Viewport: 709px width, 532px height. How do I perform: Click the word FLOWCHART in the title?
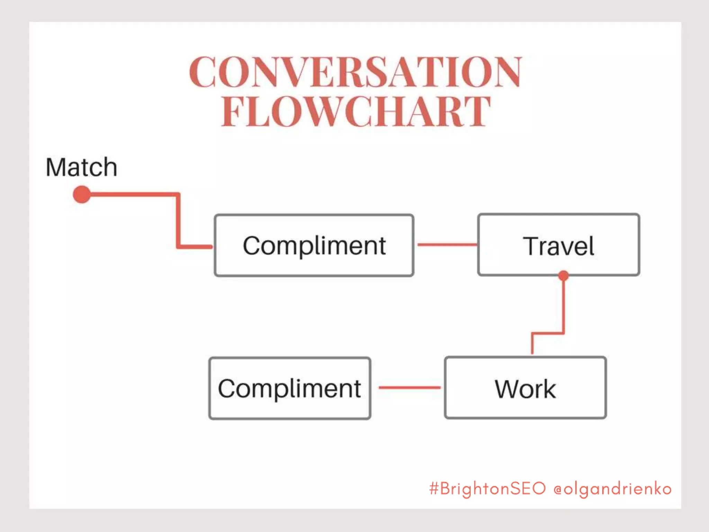pos(356,112)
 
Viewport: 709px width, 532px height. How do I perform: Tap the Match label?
pos(81,167)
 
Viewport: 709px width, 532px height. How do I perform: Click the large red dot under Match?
pos(82,194)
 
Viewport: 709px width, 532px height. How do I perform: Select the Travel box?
pos(558,245)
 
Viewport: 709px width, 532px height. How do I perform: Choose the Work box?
pos(525,388)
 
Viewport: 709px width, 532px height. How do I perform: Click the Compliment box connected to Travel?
pos(314,245)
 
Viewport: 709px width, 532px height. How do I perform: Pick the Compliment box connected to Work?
pos(290,388)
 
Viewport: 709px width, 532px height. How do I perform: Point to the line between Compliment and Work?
pos(409,388)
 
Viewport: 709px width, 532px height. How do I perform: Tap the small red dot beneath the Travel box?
pos(563,276)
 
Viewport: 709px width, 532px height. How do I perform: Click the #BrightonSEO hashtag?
pos(487,489)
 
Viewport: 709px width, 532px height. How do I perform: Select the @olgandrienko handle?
pos(612,489)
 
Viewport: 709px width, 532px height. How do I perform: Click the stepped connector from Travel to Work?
pos(563,312)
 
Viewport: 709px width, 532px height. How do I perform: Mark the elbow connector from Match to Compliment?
pos(178,222)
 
